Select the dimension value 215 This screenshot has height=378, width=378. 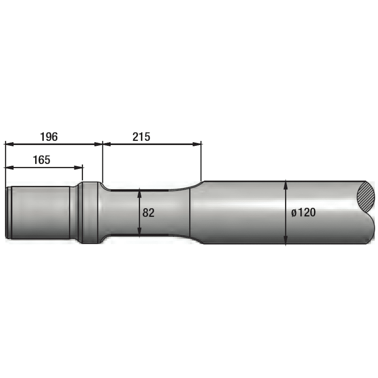click(141, 136)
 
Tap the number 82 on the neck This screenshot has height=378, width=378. click(148, 213)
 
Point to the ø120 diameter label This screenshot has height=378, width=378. click(303, 213)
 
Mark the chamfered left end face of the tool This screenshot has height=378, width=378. click(7, 213)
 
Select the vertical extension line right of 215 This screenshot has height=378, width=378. click(202, 162)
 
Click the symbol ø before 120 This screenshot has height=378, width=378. click(294, 213)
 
